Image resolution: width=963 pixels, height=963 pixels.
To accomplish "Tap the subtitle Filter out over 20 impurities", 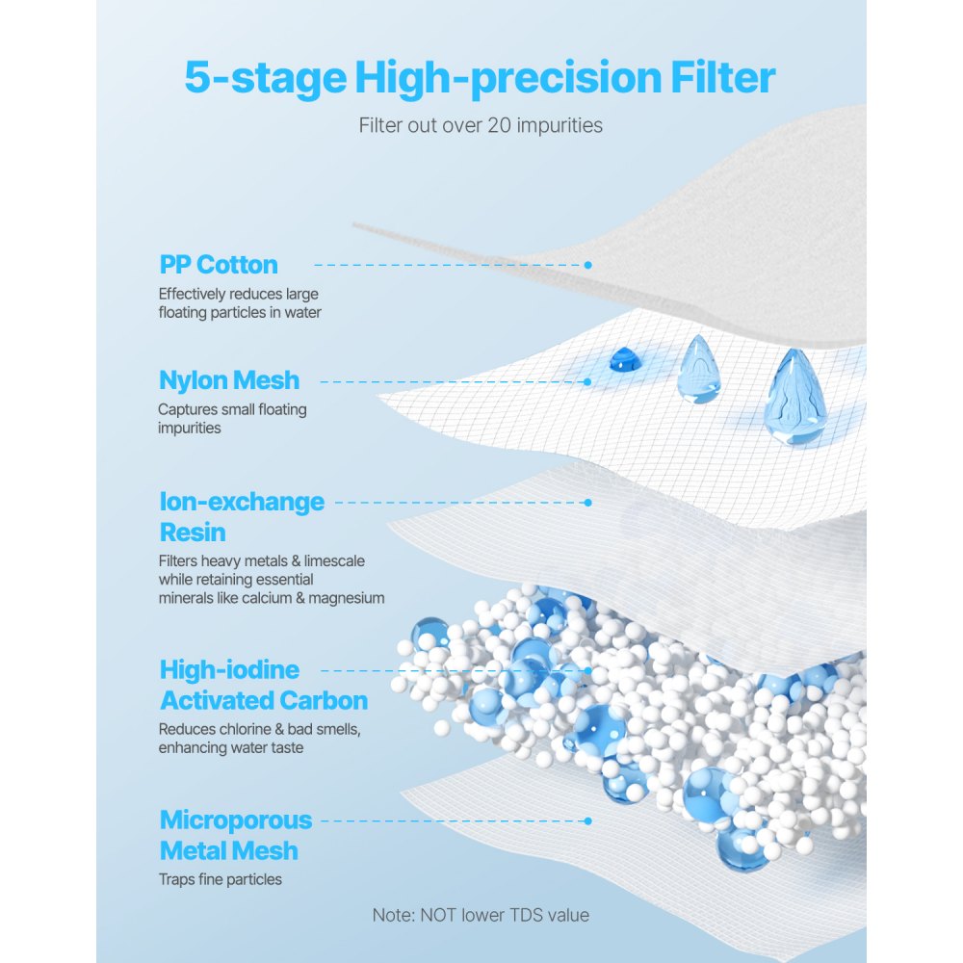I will (481, 125).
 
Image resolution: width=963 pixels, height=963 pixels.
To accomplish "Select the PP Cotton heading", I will (219, 265).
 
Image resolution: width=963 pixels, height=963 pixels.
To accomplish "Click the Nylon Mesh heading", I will (229, 380).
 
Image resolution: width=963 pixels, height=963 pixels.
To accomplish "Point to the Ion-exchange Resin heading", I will (241, 517).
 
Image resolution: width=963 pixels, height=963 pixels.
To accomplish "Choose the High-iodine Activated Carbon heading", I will (263, 685).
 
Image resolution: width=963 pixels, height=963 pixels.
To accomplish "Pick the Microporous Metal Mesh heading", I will (236, 835).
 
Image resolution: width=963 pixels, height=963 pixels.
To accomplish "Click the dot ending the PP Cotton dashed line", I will (587, 265).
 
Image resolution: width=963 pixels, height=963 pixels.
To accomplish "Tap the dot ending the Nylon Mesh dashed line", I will (587, 381).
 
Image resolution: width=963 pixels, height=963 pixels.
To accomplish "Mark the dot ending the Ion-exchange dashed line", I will (587, 502).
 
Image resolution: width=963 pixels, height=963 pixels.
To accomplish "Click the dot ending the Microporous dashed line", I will (587, 820).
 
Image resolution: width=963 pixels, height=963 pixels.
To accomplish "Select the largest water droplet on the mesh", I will (794, 396).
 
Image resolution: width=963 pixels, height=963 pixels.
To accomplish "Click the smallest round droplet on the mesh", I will (620, 361).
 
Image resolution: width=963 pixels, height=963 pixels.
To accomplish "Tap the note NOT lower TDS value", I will (481, 915).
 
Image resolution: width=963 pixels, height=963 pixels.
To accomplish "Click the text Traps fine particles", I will (221, 879).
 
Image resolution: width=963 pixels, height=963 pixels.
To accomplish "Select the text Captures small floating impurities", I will (232, 419).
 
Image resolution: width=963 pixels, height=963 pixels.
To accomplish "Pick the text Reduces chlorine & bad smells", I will (260, 729).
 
